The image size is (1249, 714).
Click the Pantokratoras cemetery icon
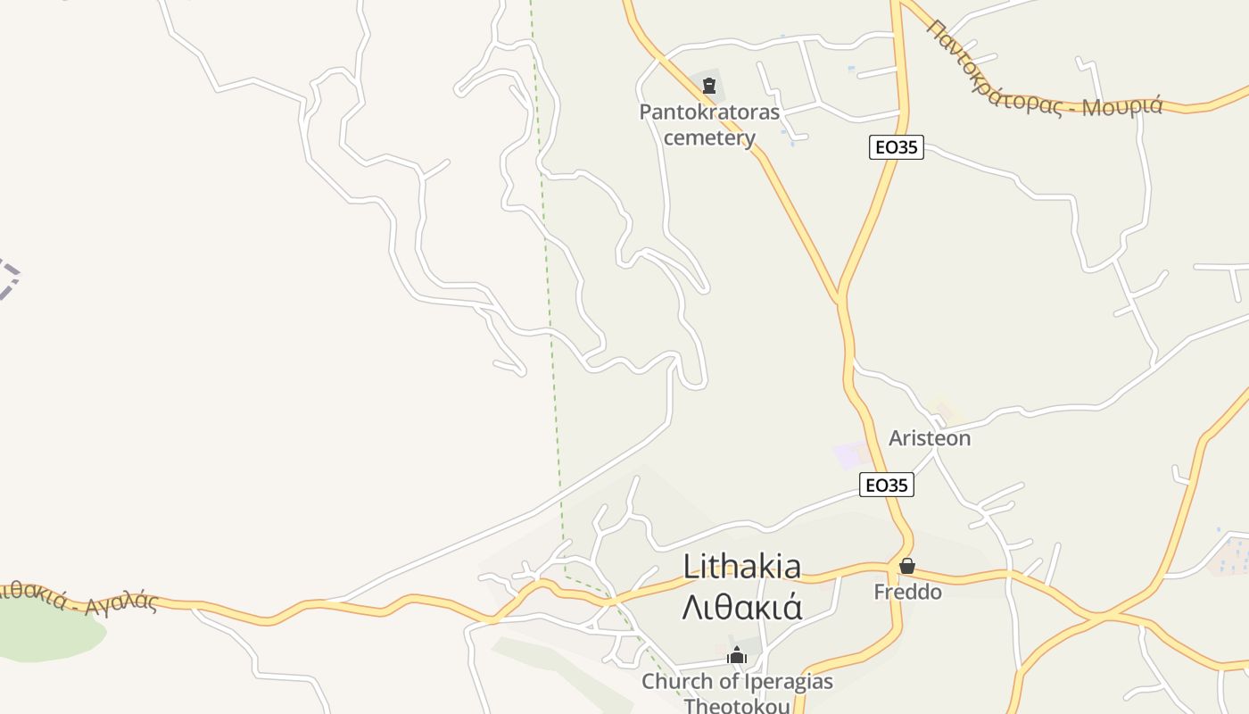[x=709, y=86]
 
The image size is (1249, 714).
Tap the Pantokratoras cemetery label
[x=709, y=125]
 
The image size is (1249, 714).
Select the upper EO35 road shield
[x=896, y=147]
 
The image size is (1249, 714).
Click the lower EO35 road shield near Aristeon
[x=887, y=485]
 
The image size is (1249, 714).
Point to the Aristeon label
[x=929, y=438]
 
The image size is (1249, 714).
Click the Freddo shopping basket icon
[x=907, y=566]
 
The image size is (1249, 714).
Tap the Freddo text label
[x=907, y=592]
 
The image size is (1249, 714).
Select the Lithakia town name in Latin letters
[x=741, y=566]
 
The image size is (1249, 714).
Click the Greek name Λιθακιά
[x=741, y=607]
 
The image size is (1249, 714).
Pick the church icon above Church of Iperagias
[x=736, y=656]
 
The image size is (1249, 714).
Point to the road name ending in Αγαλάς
[x=80, y=598]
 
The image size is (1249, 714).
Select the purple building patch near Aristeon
[x=848, y=455]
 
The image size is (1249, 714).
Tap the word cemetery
[x=709, y=138]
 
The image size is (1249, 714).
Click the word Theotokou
[x=737, y=705]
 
